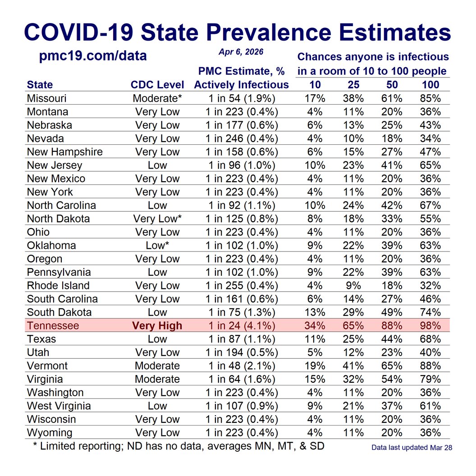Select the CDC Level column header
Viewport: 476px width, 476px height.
tap(157, 85)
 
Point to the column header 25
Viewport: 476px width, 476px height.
tap(353, 85)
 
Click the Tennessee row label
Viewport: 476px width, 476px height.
tap(53, 325)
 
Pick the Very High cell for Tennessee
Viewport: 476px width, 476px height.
tap(157, 325)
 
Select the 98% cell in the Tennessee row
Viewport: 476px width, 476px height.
tap(430, 325)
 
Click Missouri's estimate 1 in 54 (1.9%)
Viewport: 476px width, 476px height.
tap(241, 98)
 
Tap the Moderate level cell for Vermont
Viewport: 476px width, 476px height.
tap(157, 366)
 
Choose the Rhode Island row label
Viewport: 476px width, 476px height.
tap(58, 285)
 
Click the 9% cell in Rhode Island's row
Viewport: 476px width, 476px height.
tap(353, 285)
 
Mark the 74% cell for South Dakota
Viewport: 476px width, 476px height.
tap(430, 312)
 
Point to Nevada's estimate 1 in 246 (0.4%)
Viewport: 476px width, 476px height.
tap(241, 138)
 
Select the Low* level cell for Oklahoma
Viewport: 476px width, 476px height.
tap(157, 245)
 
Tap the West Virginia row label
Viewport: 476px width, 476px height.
tap(59, 406)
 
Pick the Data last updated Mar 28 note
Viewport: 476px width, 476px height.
tap(412, 448)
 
